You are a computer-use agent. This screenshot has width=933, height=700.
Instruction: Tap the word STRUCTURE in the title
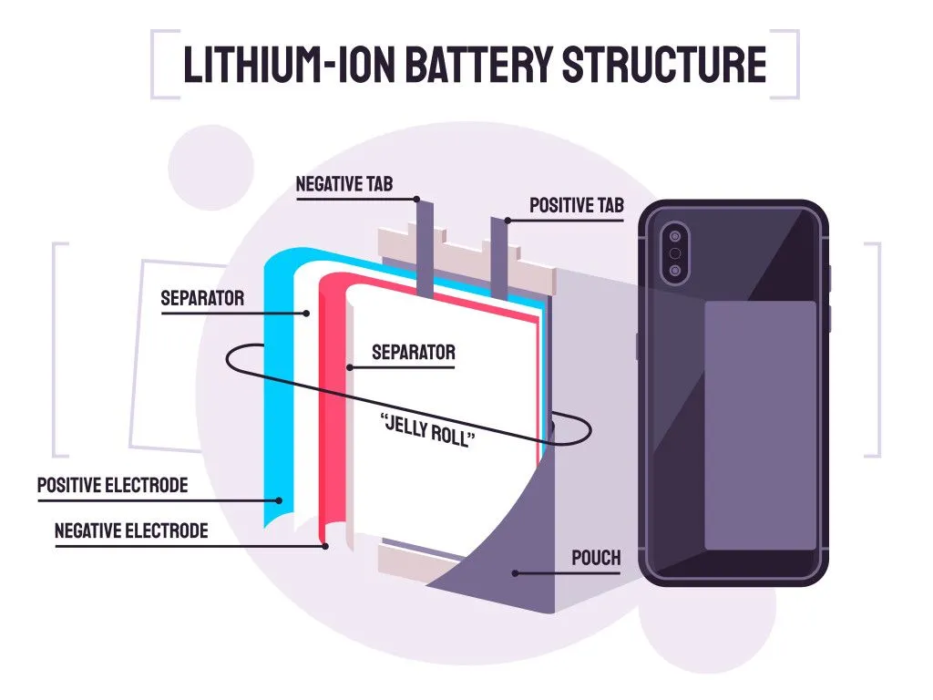662,64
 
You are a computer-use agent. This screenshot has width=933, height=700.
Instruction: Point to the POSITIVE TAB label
576,206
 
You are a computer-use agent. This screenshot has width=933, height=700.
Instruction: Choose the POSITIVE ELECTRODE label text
112,485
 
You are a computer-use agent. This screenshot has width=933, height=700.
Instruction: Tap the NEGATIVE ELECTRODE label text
131,530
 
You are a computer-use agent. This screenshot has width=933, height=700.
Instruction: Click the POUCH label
596,558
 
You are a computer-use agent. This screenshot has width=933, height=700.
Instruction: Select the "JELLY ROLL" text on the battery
427,427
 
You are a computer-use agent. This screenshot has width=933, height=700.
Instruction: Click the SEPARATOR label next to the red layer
413,352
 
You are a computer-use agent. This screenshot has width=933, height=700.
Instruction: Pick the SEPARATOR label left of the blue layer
202,298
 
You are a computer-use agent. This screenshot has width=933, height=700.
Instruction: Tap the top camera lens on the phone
674,233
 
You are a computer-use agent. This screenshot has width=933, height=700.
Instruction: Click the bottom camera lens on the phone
674,271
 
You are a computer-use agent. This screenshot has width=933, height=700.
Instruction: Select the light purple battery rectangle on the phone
760,426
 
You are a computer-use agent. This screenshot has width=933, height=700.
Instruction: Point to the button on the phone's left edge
637,345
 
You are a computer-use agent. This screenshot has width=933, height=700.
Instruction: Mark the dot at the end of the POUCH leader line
516,573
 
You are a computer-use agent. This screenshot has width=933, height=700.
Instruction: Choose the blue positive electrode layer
274,383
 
